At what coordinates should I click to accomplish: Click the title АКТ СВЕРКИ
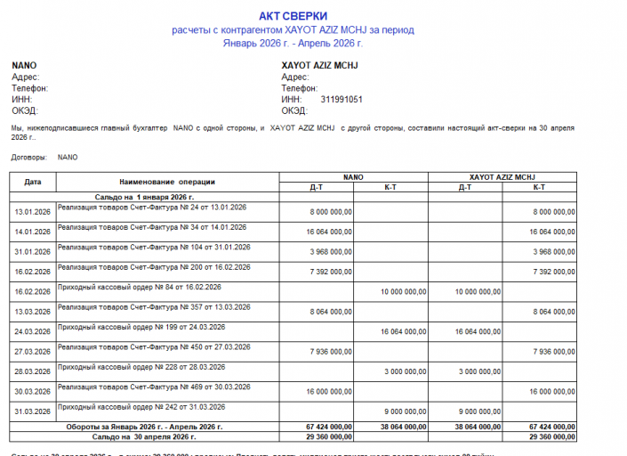pyautogui.click(x=293, y=16)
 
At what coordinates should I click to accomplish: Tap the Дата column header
pyautogui.click(x=33, y=182)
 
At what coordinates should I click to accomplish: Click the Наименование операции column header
pyautogui.click(x=167, y=182)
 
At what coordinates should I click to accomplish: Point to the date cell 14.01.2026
pyautogui.click(x=33, y=232)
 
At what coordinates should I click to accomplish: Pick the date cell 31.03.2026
pyautogui.click(x=33, y=411)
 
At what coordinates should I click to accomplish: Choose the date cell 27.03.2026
pyautogui.click(x=33, y=351)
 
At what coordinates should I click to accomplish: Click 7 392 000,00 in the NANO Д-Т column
pyautogui.click(x=331, y=272)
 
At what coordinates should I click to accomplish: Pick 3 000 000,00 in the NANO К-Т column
pyautogui.click(x=405, y=371)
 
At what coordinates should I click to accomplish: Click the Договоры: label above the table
pyautogui.click(x=29, y=157)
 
